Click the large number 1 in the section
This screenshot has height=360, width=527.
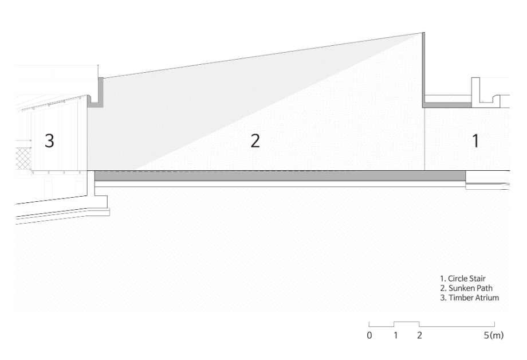[475, 140]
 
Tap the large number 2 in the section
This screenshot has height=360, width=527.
[255, 140]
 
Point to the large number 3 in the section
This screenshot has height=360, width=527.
[49, 140]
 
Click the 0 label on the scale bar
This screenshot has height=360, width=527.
[369, 335]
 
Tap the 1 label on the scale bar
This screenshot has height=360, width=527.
[396, 335]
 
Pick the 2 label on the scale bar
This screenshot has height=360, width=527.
[419, 335]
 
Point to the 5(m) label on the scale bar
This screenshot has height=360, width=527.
[494, 335]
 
